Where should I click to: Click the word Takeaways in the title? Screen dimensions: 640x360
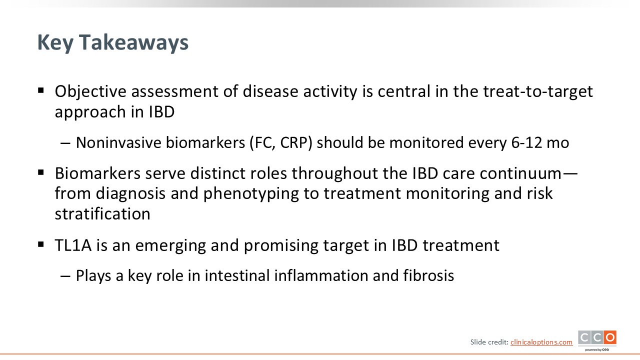pos(133,43)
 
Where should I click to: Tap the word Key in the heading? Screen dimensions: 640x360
pos(54,43)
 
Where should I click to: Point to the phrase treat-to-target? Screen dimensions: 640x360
pos(538,92)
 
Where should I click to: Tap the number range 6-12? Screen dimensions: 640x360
pos(526,142)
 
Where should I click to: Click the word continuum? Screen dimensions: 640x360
pos(520,173)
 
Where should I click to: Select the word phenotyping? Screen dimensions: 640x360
pos(251,194)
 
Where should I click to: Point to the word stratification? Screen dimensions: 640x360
pos(102,213)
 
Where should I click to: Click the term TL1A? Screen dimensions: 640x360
pos(73,245)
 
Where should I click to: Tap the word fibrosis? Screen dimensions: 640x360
pos(428,275)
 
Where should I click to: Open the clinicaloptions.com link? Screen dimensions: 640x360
pos(541,342)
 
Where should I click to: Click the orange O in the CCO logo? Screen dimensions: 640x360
pos(610,337)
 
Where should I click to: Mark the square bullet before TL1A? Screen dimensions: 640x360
pos(41,244)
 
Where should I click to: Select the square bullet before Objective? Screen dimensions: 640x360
pos(41,90)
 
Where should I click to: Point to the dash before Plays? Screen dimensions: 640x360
pos(65,276)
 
